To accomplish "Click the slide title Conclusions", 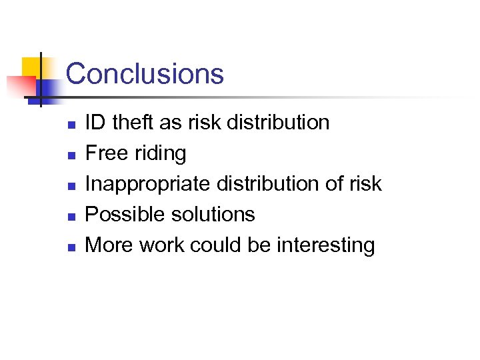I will coord(145,73).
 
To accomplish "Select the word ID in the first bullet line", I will coord(96,123).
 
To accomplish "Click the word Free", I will coord(106,153).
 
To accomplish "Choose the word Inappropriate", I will coord(139,185).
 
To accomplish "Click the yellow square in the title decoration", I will coord(31,67).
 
